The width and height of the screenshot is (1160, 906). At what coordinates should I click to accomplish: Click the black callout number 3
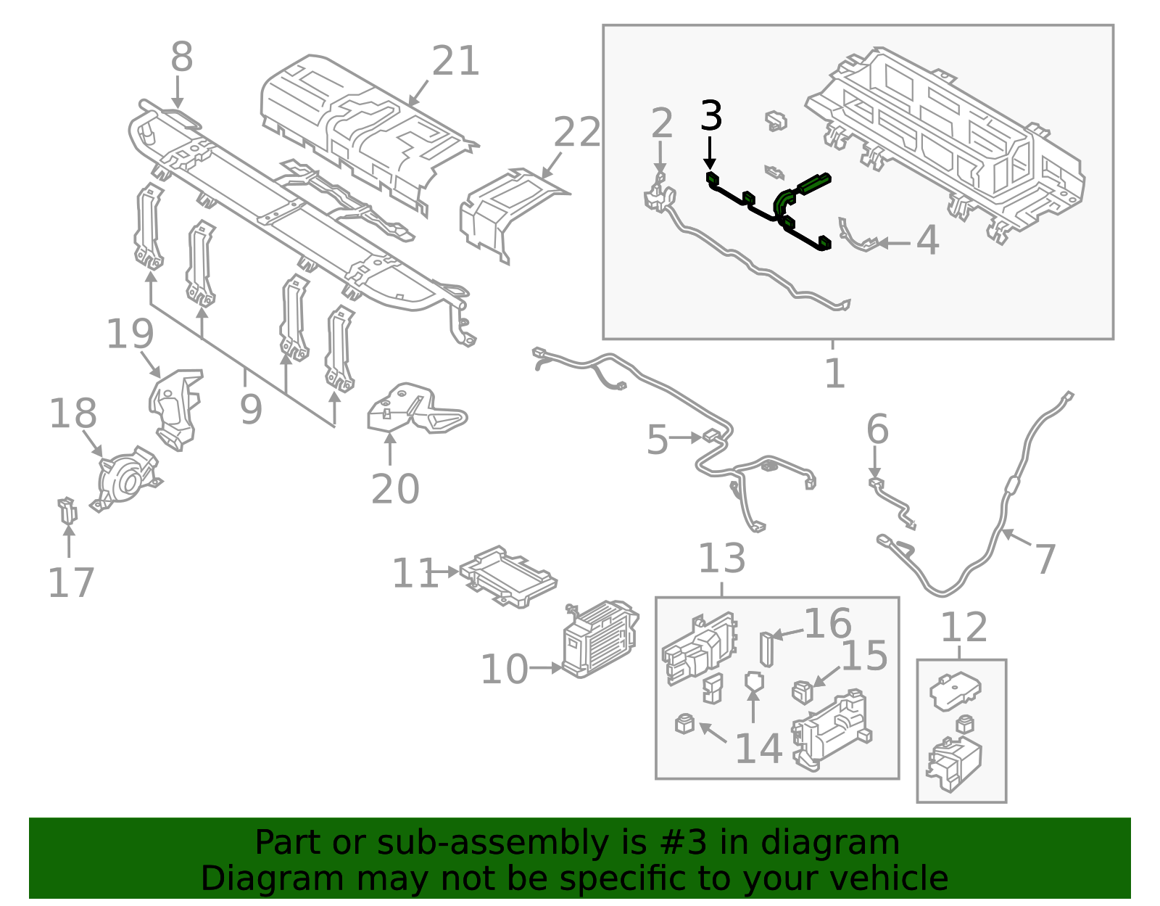[x=711, y=115]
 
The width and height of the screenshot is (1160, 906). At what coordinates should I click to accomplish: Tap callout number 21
[x=455, y=61]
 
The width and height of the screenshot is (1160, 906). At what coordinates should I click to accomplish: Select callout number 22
[x=576, y=132]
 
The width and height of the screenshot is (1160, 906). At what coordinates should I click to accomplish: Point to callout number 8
[x=181, y=57]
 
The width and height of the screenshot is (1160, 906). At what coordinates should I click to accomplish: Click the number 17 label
[x=71, y=582]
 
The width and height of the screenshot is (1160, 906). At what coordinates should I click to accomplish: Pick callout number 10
[x=505, y=670]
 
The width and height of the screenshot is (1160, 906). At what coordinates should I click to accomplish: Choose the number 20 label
[x=395, y=489]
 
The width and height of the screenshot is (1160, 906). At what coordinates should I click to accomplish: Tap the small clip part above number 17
[x=67, y=510]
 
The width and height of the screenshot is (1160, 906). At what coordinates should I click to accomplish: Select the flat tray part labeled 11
[x=507, y=577]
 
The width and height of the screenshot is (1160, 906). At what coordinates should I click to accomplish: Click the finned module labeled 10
[x=600, y=640]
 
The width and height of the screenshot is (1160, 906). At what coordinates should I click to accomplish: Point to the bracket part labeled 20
[x=416, y=408]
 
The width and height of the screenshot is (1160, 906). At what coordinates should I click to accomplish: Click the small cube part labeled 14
[x=684, y=723]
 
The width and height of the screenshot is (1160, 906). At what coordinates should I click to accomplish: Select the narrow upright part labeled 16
[x=767, y=649]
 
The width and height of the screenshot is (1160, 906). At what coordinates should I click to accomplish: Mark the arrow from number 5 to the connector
[x=685, y=438]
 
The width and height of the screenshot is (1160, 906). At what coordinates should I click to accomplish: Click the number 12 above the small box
[x=964, y=628]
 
